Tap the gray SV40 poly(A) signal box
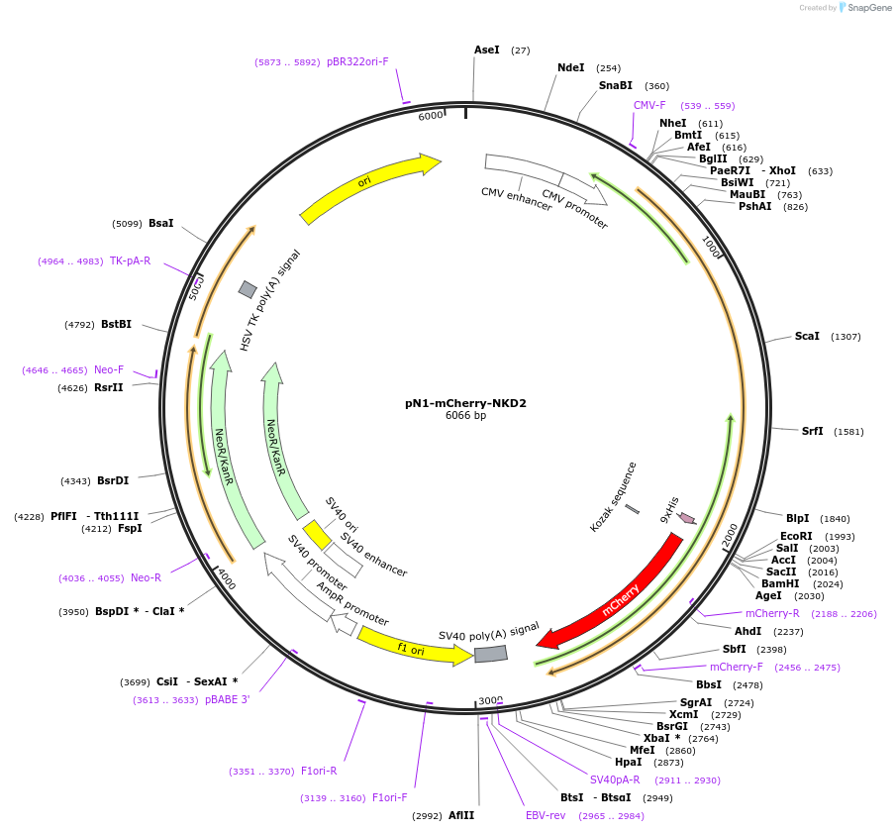(x=491, y=654)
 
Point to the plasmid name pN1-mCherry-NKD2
(x=465, y=403)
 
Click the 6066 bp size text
(x=465, y=416)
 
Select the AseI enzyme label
(x=487, y=50)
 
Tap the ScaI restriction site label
(x=807, y=337)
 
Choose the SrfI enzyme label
(x=813, y=431)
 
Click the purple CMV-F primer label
(x=649, y=105)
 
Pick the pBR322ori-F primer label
(x=357, y=61)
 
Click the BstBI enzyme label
(x=116, y=324)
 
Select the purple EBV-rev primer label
(x=546, y=816)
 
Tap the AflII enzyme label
(x=461, y=816)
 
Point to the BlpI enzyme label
(x=797, y=518)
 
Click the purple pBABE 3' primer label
(x=227, y=699)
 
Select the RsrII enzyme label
(x=109, y=387)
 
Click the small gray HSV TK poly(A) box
(x=248, y=289)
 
